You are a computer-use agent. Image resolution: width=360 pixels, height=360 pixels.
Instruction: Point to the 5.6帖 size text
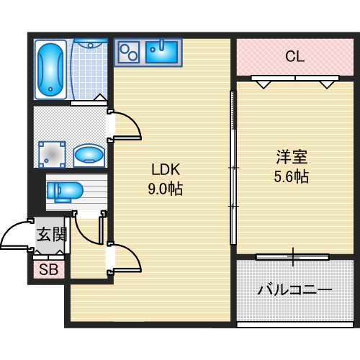tap(291, 176)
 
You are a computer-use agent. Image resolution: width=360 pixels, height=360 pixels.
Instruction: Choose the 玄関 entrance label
tap(51, 234)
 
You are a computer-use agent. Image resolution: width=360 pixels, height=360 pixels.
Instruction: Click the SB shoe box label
tap(49, 270)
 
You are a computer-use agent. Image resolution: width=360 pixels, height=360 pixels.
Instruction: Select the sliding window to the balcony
tap(292, 256)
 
